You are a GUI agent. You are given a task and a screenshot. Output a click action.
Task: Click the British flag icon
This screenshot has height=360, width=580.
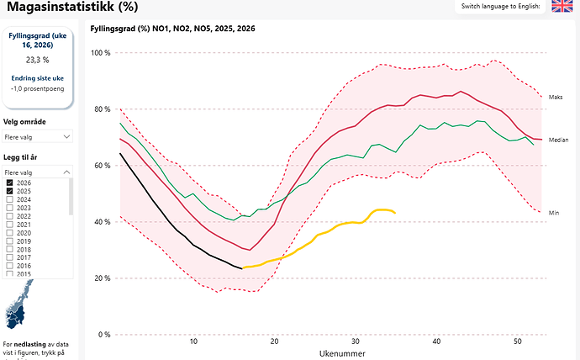click(562, 7)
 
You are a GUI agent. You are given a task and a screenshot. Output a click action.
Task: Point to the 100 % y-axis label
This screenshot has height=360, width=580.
click(102, 53)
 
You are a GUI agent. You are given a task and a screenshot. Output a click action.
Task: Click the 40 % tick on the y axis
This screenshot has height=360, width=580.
click(103, 222)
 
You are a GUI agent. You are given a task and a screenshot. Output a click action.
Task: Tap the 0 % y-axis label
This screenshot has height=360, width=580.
click(105, 335)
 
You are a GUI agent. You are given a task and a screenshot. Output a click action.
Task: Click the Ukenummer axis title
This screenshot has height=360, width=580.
click(340, 354)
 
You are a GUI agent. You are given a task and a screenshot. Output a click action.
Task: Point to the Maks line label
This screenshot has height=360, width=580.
click(555, 98)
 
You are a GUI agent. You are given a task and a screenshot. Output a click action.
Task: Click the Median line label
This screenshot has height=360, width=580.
click(558, 140)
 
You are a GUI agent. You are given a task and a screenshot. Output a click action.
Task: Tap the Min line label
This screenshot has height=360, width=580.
click(553, 213)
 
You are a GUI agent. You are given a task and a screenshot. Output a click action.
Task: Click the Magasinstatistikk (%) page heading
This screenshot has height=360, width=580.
click(71, 8)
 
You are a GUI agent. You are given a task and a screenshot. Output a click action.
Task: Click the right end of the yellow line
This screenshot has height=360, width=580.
click(395, 212)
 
